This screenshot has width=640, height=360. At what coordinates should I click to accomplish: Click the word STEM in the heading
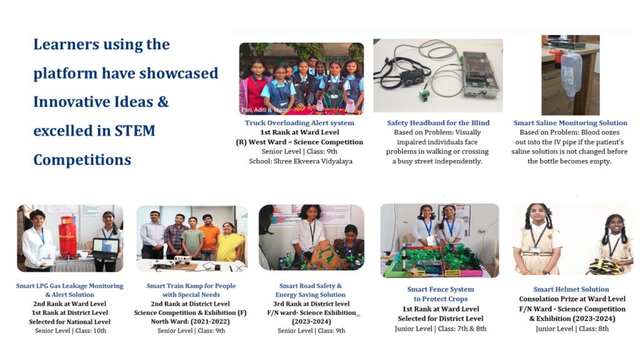[x=135, y=131]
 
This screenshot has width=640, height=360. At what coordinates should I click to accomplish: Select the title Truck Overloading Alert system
[x=299, y=123]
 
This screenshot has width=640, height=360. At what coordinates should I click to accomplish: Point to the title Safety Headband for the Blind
[x=438, y=123]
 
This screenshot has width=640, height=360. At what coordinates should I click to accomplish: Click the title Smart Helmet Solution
[x=571, y=289]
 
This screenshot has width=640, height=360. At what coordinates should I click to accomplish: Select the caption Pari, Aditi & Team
[x=264, y=109]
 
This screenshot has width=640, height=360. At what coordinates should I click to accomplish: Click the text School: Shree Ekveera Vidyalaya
[x=301, y=161]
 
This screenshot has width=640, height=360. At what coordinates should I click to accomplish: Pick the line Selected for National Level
[x=70, y=322]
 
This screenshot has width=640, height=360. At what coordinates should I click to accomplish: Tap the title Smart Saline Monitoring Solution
[x=570, y=123]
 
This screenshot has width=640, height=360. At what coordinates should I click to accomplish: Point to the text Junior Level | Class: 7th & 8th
[x=441, y=329]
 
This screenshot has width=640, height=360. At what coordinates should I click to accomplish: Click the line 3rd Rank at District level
[x=311, y=304]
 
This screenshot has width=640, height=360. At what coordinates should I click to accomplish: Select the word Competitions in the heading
[x=82, y=159]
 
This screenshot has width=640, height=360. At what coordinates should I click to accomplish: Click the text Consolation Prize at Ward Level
[x=572, y=299]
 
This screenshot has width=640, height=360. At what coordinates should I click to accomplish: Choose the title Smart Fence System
[x=441, y=289]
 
